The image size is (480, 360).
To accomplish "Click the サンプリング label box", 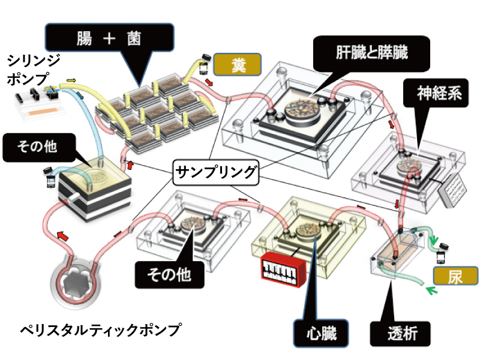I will coord(216,174).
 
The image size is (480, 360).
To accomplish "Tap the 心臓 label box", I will coord(320,331).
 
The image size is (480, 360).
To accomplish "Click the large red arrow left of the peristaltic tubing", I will coord(63,237).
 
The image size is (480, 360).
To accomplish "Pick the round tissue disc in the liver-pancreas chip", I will coord(303,110).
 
